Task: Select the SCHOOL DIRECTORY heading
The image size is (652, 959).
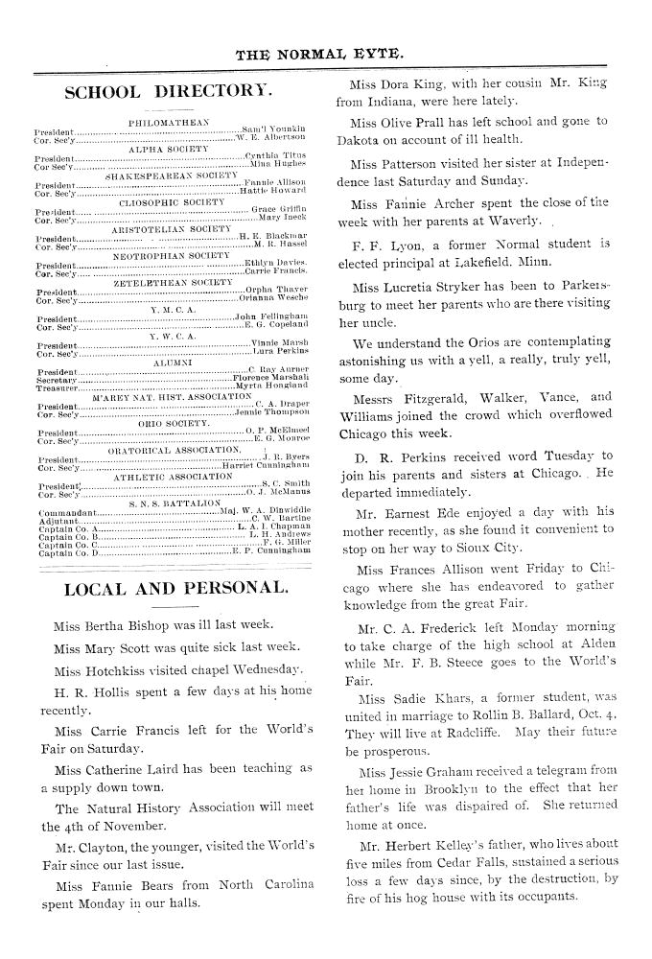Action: pos(168,93)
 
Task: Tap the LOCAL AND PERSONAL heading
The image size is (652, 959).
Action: pos(175,588)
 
